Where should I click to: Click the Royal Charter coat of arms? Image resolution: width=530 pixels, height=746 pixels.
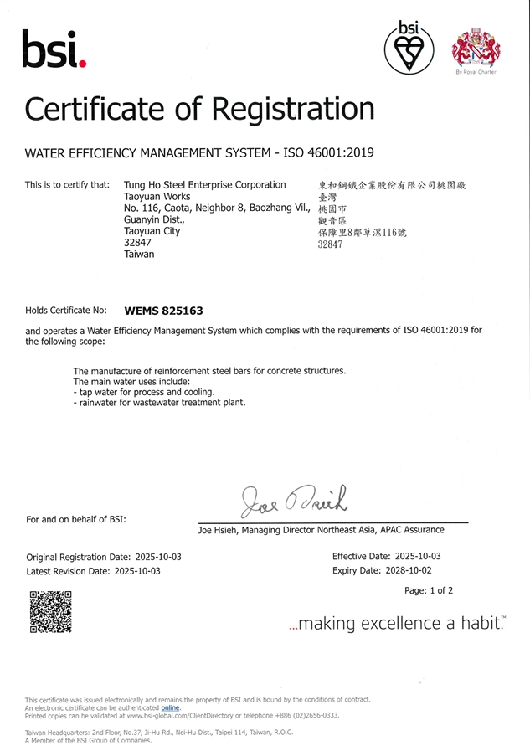pyautogui.click(x=476, y=47)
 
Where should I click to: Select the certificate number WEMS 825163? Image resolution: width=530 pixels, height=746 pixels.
pyautogui.click(x=163, y=311)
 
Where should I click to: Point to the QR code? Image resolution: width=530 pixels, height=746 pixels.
pyautogui.click(x=50, y=611)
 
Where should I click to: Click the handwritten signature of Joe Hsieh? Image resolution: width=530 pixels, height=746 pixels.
pyautogui.click(x=293, y=501)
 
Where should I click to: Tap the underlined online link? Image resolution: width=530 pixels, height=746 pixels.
pyautogui.click(x=170, y=707)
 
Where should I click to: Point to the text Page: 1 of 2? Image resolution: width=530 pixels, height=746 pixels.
pyautogui.click(x=428, y=590)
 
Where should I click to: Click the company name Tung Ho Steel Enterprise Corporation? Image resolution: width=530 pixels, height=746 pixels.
pyautogui.click(x=204, y=184)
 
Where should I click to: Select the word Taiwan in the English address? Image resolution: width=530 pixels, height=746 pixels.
pyautogui.click(x=139, y=254)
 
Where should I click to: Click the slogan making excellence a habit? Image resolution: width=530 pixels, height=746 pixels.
pyautogui.click(x=396, y=623)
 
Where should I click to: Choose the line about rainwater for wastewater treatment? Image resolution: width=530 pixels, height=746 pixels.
pyautogui.click(x=160, y=402)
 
